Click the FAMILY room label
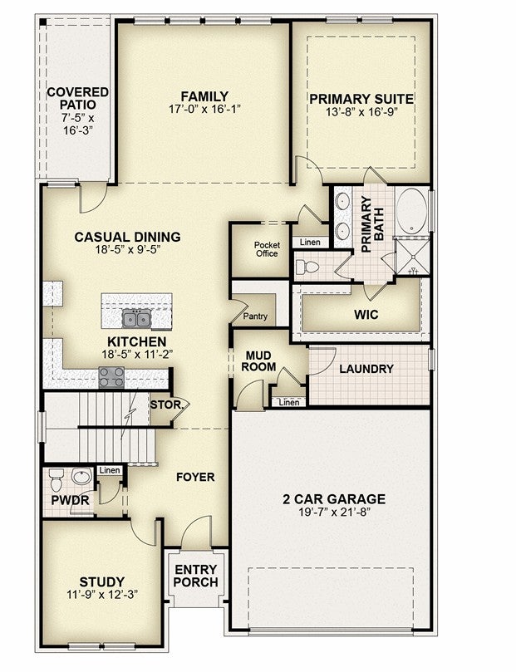[204, 96]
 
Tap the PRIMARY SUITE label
[361, 99]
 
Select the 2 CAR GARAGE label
[334, 499]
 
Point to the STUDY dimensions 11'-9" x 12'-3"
[102, 595]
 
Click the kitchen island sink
[136, 318]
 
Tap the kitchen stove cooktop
[111, 378]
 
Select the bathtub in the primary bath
[411, 211]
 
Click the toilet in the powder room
[57, 479]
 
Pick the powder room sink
[81, 476]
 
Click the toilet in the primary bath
[307, 267]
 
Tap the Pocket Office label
[267, 249]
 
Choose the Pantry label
[255, 316]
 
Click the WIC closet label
[366, 315]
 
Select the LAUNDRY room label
[366, 369]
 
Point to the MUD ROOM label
[258, 361]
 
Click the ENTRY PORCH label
[196, 576]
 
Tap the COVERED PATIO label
[77, 98]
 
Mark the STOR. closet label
[166, 405]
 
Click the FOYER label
[195, 477]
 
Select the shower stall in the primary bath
[412, 258]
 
